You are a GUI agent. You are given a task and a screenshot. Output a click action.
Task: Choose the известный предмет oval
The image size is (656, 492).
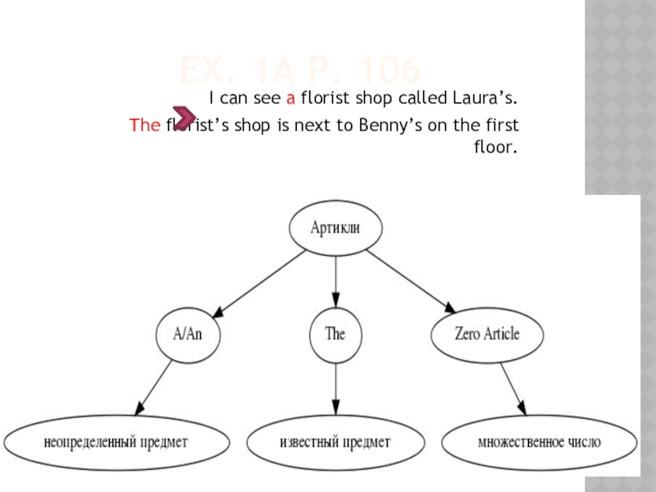pos(335,442)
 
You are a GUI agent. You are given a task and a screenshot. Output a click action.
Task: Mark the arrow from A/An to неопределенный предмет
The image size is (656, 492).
pos(154,388)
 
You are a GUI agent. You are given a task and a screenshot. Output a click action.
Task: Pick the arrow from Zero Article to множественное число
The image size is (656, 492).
pos(512,388)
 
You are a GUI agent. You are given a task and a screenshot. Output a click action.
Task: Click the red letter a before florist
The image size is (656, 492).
pos(289,99)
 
